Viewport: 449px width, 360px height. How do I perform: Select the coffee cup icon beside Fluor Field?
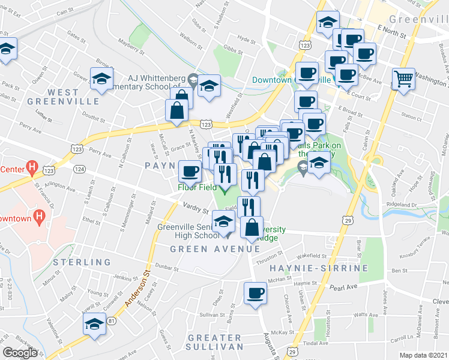(x=190, y=172)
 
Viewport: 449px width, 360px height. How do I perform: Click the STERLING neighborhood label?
(x=82, y=262)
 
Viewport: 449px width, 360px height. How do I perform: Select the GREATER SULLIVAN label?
(x=214, y=341)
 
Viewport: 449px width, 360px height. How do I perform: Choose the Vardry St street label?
(x=196, y=210)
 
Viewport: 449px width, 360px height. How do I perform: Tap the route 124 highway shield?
(x=79, y=169)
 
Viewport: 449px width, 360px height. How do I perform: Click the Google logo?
(x=20, y=353)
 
